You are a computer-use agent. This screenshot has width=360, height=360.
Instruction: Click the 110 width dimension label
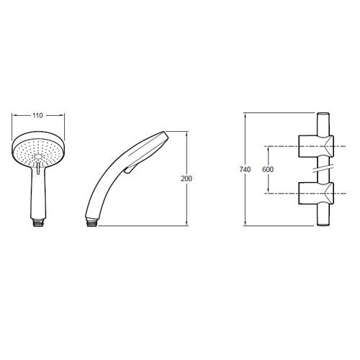point(37,115)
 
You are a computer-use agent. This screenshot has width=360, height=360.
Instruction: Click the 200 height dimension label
point(186,179)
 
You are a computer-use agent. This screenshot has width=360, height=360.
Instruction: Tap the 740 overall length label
point(245,169)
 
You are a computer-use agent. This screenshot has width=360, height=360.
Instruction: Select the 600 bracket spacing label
point(268,169)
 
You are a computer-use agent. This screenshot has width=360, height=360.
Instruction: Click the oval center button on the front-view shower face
point(38,156)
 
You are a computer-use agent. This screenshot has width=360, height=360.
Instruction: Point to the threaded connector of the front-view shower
point(38,222)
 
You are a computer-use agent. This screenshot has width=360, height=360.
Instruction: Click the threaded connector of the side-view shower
point(91,223)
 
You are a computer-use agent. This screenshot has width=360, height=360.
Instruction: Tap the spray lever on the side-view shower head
point(130,168)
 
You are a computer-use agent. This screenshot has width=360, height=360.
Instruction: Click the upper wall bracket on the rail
point(316,146)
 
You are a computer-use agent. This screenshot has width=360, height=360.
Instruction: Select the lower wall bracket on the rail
point(316,193)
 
